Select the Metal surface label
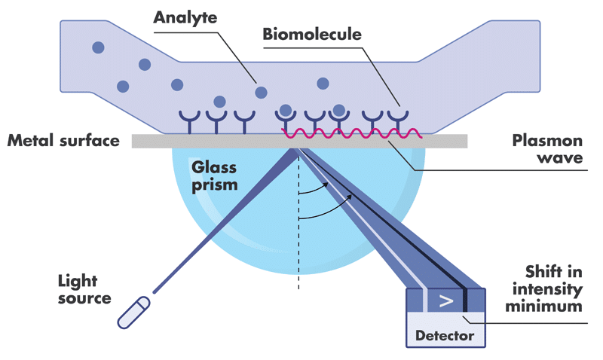click(x=63, y=141)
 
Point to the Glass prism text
click(x=215, y=175)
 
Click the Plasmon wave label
click(x=548, y=150)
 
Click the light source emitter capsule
click(x=134, y=313)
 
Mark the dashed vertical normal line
click(x=299, y=226)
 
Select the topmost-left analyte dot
click(x=98, y=48)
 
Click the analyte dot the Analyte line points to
click(x=262, y=92)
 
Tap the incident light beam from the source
click(x=226, y=218)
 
